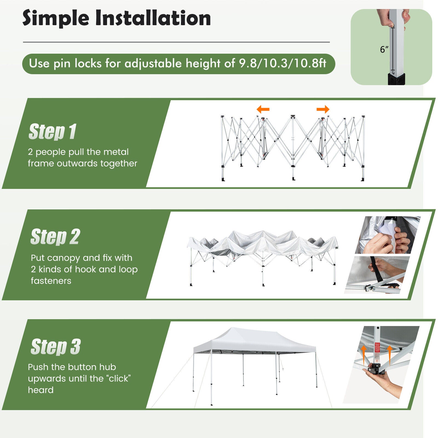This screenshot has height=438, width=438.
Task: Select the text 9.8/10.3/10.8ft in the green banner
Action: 282,64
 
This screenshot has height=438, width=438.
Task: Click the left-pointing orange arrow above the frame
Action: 263,109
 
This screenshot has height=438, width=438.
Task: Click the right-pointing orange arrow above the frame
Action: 323,109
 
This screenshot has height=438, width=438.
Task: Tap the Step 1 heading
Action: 53,132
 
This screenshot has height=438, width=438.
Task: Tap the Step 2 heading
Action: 55,237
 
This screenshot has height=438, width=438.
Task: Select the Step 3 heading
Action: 56,347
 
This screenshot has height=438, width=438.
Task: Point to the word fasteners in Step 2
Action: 51,281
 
